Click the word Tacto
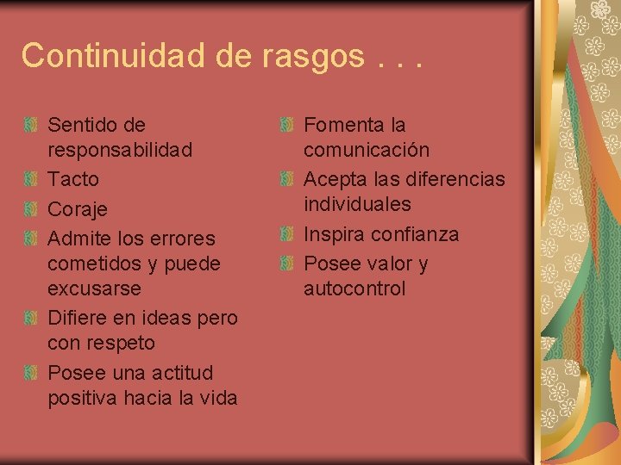(x=73, y=179)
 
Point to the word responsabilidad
(x=120, y=150)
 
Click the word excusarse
(x=94, y=288)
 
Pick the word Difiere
(x=77, y=317)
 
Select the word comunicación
(x=366, y=150)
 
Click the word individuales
(x=357, y=204)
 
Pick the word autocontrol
(x=354, y=288)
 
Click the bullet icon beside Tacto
(x=31, y=179)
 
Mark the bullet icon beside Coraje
(x=31, y=208)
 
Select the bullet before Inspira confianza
(x=287, y=234)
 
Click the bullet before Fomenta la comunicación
(x=287, y=126)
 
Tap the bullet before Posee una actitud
(x=31, y=373)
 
